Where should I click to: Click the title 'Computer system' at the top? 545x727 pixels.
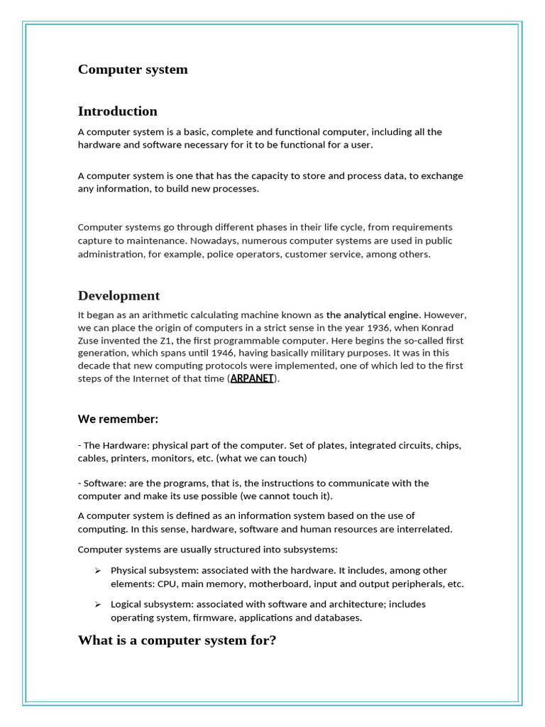coord(133,70)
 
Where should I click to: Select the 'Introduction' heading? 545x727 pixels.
coord(118,111)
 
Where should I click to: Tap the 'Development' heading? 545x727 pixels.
coord(119,296)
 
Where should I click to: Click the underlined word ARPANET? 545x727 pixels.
coord(252,378)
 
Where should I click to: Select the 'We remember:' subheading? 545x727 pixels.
coord(118,419)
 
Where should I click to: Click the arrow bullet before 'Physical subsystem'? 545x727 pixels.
coord(98,571)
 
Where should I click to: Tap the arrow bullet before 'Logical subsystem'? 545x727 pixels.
coord(98,604)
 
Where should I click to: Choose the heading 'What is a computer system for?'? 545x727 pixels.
coord(177,640)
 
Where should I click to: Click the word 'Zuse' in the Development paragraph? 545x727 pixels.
coord(90,340)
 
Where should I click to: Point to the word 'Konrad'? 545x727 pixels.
coord(450,327)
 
